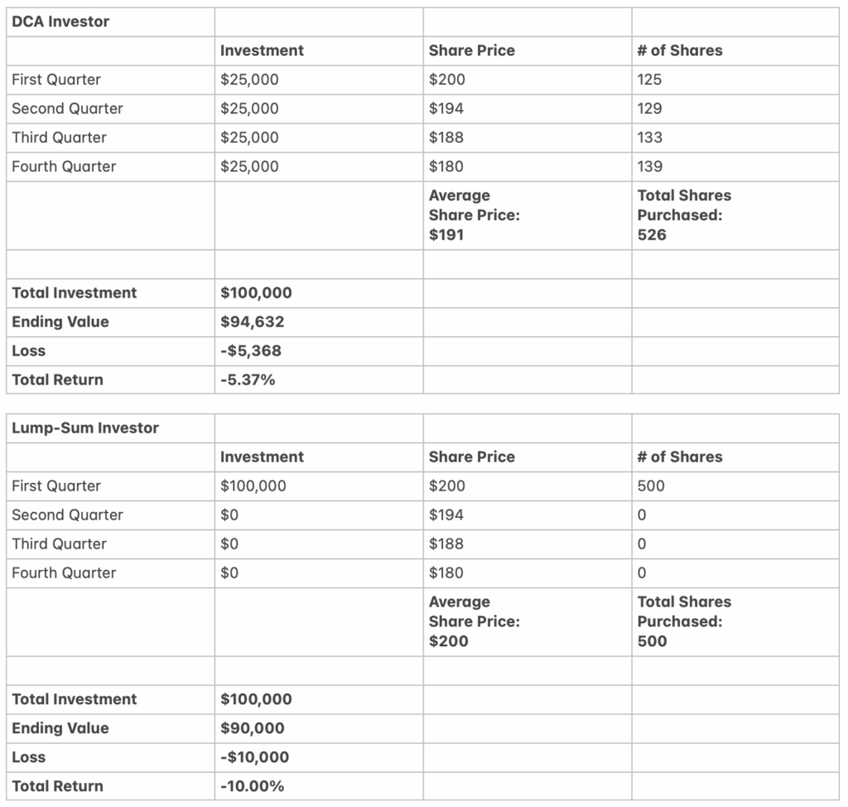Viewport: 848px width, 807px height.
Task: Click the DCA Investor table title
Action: tap(60, 22)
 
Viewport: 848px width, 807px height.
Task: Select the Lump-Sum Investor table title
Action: tap(85, 428)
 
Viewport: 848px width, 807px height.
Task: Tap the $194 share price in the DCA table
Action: tap(446, 109)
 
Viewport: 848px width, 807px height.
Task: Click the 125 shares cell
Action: tap(650, 80)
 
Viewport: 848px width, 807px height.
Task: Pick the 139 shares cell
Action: tap(650, 167)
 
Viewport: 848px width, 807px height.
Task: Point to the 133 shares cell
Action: tap(650, 138)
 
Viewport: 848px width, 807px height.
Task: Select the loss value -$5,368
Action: tap(251, 350)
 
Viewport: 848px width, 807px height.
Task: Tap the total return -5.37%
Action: tap(247, 379)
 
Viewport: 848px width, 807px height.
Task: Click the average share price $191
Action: tap(446, 234)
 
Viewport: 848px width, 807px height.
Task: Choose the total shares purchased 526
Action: tap(652, 234)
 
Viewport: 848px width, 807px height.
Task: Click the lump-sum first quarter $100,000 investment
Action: tap(253, 486)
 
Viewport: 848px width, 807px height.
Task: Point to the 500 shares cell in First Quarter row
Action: tap(651, 486)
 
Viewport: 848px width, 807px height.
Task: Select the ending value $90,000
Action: tap(253, 728)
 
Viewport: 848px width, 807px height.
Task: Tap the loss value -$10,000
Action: tap(255, 757)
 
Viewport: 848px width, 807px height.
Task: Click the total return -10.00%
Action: tap(253, 786)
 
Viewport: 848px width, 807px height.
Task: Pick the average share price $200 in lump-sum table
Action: tap(448, 640)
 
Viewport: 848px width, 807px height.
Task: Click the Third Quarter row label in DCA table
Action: tap(59, 138)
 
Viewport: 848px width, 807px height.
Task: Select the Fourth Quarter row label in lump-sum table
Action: tap(64, 573)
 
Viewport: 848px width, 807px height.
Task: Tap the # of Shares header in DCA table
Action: tap(680, 51)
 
